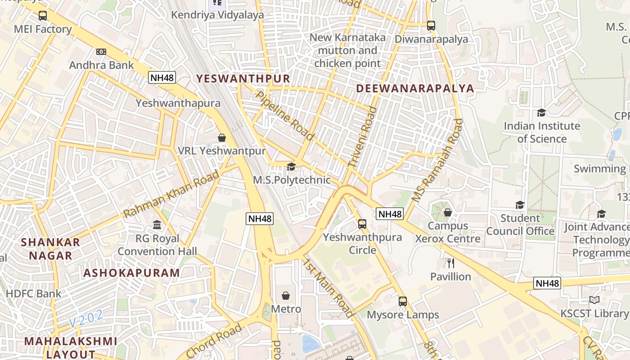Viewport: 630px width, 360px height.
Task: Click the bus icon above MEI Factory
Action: [43, 16]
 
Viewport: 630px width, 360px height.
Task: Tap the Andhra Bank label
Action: [101, 65]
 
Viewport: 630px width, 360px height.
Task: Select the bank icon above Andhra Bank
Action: [101, 52]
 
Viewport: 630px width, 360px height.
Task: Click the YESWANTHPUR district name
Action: [243, 79]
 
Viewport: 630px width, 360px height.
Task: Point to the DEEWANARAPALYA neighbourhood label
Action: [415, 88]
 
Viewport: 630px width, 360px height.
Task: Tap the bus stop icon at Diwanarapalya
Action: [431, 26]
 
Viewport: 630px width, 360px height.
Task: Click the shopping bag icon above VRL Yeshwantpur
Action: [221, 137]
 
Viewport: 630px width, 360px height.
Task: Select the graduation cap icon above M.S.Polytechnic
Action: [291, 167]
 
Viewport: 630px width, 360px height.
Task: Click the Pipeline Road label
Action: [284, 115]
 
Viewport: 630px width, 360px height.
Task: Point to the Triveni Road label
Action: [362, 137]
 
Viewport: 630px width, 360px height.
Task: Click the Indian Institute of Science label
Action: [542, 132]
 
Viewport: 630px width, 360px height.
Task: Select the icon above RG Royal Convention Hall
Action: [157, 225]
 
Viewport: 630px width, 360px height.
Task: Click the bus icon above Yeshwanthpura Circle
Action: [362, 224]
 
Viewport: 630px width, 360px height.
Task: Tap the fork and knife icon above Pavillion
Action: [450, 263]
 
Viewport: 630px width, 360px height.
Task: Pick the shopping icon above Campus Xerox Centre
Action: [447, 212]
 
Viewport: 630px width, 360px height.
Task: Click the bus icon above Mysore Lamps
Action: [403, 301]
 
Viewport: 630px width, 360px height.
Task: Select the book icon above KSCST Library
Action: [594, 300]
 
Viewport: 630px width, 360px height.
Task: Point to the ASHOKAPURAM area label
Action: [131, 273]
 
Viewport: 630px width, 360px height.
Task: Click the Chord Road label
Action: [214, 341]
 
